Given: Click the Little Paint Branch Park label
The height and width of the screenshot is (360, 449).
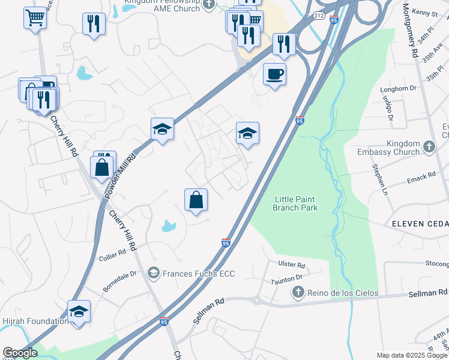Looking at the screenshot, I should (295, 203).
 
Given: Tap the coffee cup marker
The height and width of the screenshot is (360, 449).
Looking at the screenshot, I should (275, 74).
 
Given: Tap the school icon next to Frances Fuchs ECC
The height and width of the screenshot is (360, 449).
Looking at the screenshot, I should (154, 274).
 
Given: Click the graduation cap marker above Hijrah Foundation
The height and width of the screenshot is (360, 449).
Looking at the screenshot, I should (79, 311).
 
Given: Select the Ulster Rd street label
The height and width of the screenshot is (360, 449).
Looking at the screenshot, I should (292, 265).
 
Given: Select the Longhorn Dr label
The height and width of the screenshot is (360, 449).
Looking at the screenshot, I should (399, 89).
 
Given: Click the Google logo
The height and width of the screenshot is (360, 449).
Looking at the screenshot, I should (20, 353).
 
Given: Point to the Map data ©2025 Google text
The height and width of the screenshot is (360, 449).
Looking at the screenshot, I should (411, 355).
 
